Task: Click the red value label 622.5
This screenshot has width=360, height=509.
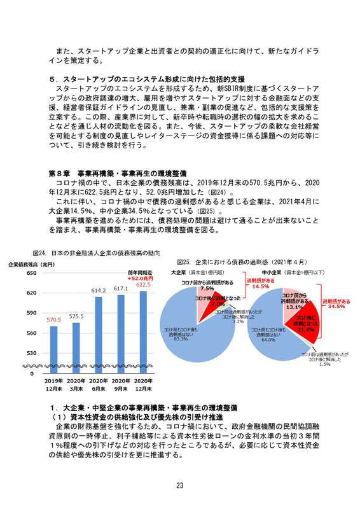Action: tap(142, 284)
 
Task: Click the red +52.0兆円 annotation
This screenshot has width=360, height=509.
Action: tap(139, 278)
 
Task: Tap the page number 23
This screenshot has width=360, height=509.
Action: tap(180, 485)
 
